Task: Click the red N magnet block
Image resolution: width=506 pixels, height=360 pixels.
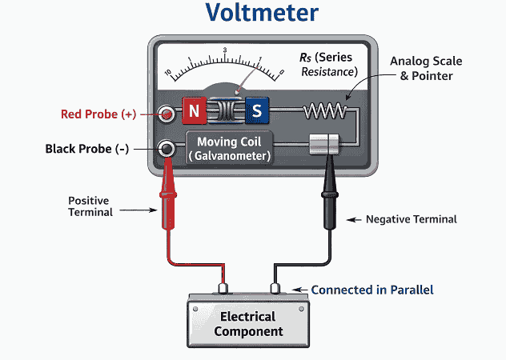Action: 194,110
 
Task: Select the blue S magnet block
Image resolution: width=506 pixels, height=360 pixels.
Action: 257,110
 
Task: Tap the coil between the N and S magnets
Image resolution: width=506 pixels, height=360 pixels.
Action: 225,111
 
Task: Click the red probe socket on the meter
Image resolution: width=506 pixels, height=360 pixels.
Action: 167,114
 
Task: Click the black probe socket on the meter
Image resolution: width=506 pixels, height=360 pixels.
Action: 167,149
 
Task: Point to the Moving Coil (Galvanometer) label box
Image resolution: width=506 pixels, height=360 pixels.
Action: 228,148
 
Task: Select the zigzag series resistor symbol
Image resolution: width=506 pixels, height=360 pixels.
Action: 326,113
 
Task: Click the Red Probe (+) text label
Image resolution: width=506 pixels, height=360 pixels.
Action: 98,114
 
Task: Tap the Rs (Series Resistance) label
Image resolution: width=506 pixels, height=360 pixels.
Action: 328,65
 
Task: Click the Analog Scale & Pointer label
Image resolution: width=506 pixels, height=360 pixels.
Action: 425,68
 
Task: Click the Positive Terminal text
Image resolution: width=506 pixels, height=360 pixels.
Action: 90,206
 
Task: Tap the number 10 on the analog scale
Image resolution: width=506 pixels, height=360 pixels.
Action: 168,73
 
